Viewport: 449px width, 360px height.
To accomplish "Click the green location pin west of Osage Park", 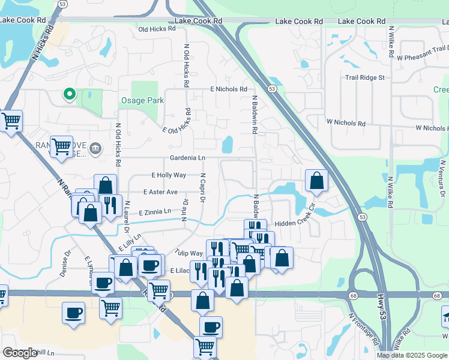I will coord(69,94).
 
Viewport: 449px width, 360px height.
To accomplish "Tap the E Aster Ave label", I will coord(160,192).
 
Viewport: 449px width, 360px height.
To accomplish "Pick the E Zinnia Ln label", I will coord(155,212).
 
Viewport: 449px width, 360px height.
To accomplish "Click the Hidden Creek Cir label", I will coord(295,219).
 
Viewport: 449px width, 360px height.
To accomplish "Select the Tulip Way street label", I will coord(189,253).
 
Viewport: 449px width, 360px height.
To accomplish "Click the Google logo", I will coord(20,353).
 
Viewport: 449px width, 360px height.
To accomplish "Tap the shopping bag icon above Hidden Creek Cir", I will coord(316,181).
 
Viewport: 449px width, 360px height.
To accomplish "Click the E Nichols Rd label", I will coord(228,89).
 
